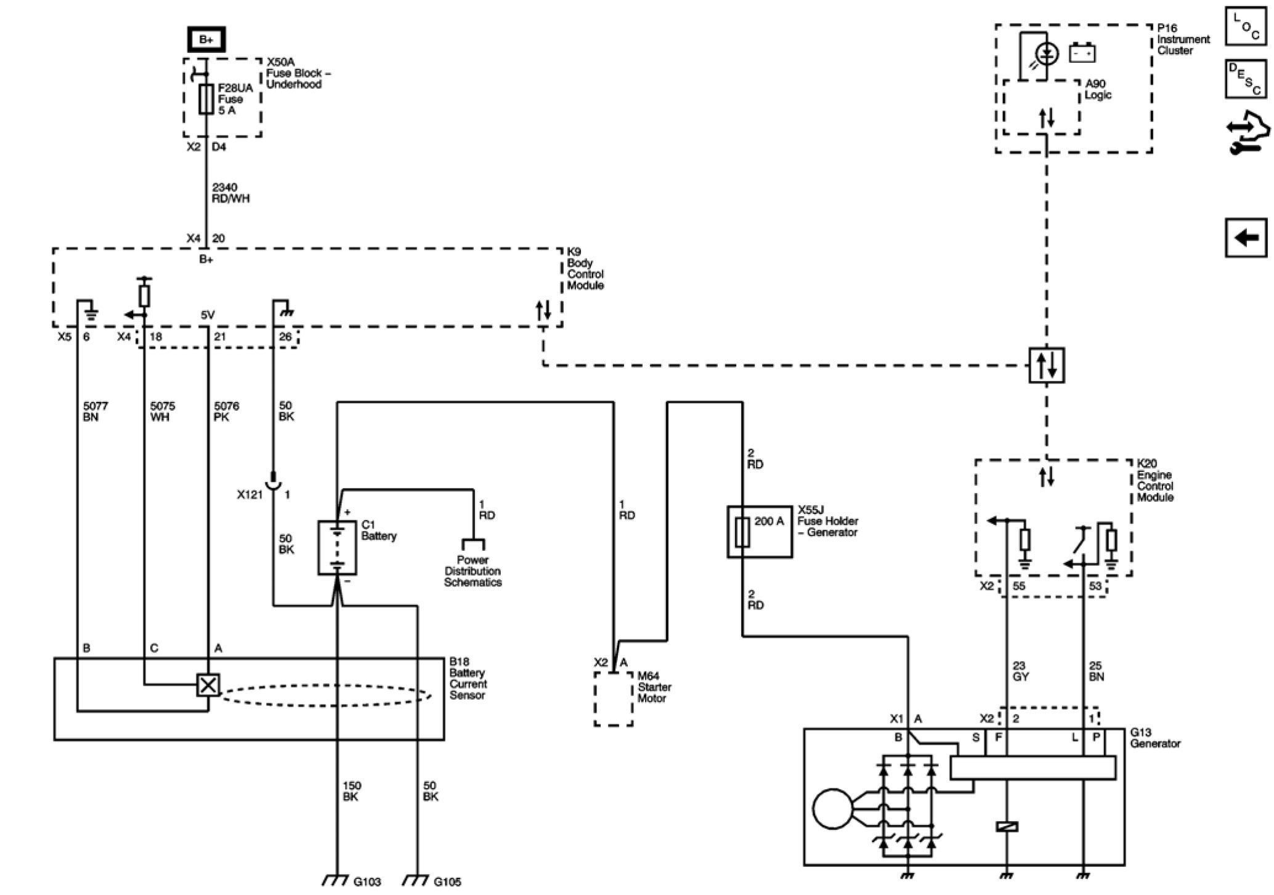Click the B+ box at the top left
[206, 40]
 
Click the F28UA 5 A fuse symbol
[206, 98]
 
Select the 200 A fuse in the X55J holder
[743, 532]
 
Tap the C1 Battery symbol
[336, 547]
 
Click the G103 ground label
[367, 882]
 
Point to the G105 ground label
[447, 882]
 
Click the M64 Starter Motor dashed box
[614, 699]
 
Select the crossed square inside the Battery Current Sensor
[208, 685]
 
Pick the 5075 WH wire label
[163, 412]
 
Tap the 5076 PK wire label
[227, 412]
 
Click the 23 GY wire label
[1020, 671]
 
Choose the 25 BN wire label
[1097, 671]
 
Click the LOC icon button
[1246, 26]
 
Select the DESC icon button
[1246, 79]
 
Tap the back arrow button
[1246, 238]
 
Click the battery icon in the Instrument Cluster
[1082, 53]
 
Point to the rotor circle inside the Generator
[832, 809]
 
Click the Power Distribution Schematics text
[473, 571]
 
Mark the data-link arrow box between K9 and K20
[1046, 365]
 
